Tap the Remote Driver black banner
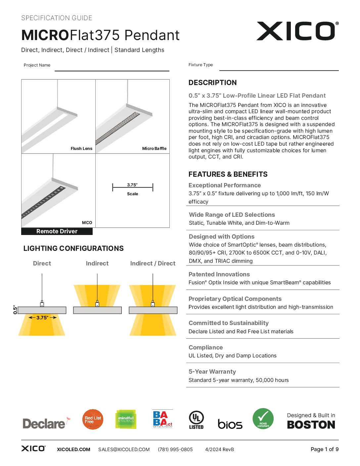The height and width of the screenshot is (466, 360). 57,231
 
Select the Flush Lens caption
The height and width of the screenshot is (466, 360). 81,149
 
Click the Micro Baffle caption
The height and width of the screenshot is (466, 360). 154,149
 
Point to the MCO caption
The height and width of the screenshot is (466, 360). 87,223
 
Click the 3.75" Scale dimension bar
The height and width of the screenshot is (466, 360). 132,188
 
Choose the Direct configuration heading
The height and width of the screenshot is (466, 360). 42,263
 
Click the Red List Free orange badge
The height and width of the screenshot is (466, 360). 93,419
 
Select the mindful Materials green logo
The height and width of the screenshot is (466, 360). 126,419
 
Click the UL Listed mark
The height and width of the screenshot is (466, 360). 196,420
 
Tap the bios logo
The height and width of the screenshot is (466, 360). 230,424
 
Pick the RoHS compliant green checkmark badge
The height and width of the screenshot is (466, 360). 263,419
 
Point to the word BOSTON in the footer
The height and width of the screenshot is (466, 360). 311,425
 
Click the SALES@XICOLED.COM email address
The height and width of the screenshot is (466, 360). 124,449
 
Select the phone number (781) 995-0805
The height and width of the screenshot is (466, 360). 175,449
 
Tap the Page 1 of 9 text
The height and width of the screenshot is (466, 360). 324,449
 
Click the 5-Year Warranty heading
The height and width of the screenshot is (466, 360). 212,372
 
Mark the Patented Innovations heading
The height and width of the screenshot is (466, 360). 219,274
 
